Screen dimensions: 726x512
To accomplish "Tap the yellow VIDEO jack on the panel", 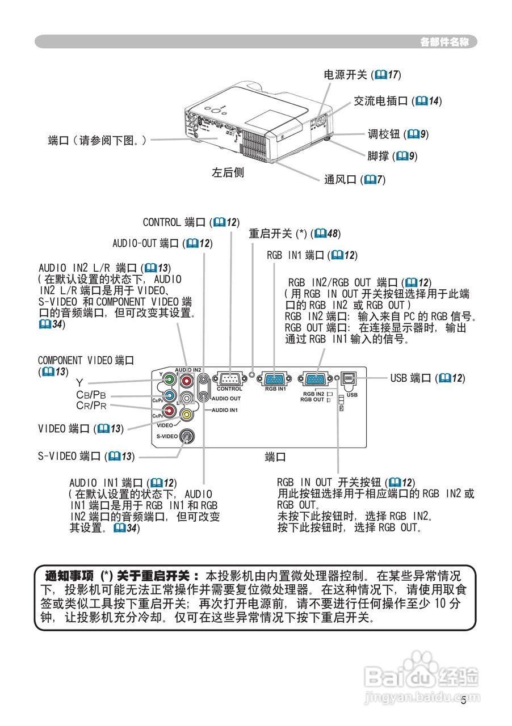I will [186, 415].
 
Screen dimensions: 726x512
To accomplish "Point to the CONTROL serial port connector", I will [229, 379].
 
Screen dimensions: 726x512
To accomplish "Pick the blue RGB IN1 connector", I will [275, 379].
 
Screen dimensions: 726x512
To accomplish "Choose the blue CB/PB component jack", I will [168, 396].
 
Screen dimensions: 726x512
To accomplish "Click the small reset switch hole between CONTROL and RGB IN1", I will [252, 374].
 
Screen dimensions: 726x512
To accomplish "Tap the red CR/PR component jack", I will [168, 411].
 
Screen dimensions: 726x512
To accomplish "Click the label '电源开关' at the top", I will [345, 74].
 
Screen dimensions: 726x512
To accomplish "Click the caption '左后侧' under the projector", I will [228, 172].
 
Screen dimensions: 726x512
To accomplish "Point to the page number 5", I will [464, 700].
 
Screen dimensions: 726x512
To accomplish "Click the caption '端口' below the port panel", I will [275, 457].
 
